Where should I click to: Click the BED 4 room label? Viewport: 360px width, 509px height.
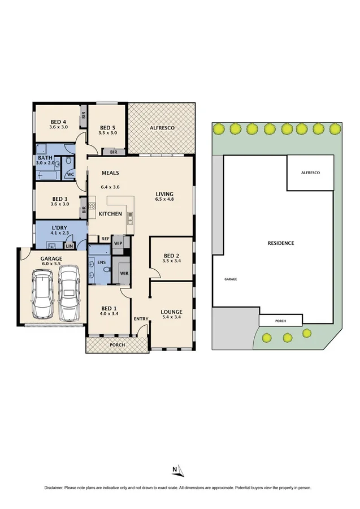pos(58,122)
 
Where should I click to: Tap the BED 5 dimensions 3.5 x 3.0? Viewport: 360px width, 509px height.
pos(107,133)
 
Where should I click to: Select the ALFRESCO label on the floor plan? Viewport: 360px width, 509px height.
pos(162,128)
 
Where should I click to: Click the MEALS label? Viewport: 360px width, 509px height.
pos(110,173)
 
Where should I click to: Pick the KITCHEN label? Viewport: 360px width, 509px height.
pos(110,214)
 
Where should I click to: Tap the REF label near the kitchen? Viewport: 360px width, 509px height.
pos(98,239)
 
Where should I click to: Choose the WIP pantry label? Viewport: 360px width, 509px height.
pos(118,244)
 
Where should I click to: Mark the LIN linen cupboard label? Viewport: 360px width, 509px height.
pos(69,246)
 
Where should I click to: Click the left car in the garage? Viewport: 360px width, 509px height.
pos(44,294)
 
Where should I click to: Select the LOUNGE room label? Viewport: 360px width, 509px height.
pos(171,312)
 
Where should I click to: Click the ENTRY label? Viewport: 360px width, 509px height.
pos(140,319)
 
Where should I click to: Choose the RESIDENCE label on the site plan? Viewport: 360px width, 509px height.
pos(281,243)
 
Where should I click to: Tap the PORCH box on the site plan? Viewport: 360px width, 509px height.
pos(280,321)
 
